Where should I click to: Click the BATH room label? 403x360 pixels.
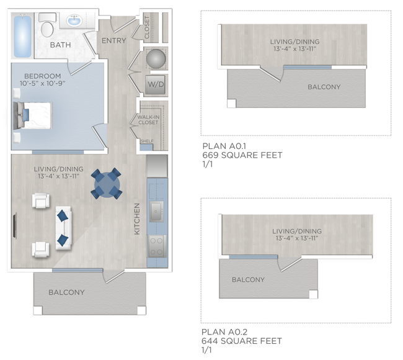click(60, 45)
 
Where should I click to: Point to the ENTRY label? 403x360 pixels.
click(113, 41)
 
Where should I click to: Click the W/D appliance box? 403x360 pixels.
click(155, 83)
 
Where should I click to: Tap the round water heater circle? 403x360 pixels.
click(155, 60)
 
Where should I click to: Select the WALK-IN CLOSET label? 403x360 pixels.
click(148, 119)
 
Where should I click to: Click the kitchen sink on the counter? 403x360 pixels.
click(156, 211)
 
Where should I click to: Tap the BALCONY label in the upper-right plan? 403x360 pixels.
click(324, 87)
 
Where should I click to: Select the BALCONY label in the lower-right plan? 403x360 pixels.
click(248, 280)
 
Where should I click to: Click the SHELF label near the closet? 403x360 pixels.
click(147, 141)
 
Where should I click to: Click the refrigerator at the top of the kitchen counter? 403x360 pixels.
click(157, 166)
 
